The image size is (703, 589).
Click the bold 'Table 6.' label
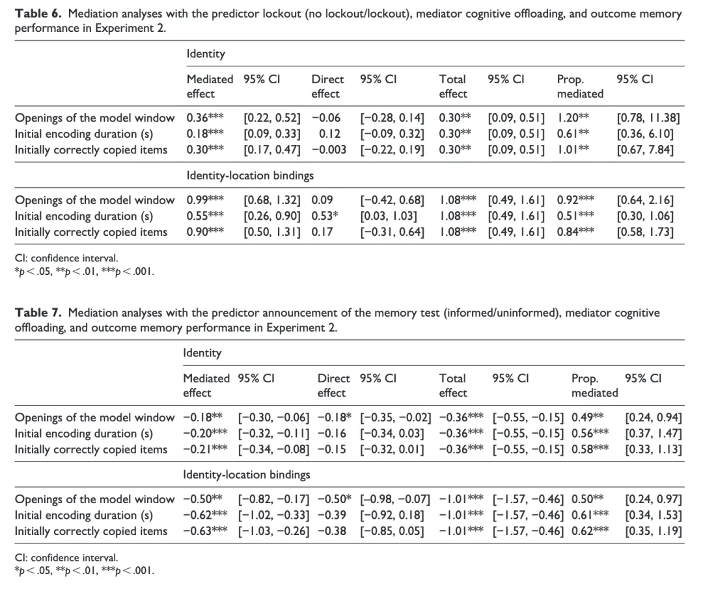38,14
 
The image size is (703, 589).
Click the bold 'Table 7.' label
38,313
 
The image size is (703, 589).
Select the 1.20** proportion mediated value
573,118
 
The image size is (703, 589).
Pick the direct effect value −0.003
329,150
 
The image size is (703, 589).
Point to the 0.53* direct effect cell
325,216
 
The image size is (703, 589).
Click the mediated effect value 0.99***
205,200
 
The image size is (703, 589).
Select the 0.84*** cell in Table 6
575,232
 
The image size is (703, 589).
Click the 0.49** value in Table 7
588,417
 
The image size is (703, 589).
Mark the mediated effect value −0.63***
205,531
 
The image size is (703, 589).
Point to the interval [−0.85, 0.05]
392,531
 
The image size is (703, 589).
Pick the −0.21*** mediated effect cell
205,449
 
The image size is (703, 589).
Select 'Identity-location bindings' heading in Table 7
247,475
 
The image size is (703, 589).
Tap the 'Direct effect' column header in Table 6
327,86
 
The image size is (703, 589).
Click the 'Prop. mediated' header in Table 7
594,386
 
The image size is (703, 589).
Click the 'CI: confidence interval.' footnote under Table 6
66,259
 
